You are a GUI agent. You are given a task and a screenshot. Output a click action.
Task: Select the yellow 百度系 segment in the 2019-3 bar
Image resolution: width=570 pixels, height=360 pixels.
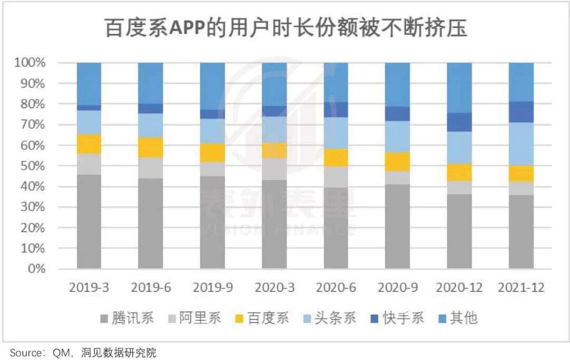(x=89, y=144)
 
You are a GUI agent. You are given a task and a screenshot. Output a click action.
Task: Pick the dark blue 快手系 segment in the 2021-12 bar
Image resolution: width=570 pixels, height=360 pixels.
(x=521, y=112)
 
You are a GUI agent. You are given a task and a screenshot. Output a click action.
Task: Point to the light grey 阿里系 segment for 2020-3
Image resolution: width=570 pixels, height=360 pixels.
(x=274, y=169)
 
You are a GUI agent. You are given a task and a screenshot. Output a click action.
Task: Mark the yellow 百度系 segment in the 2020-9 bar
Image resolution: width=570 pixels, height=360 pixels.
(x=397, y=162)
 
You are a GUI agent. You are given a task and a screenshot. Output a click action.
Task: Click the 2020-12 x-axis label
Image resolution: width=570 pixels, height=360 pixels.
(x=459, y=288)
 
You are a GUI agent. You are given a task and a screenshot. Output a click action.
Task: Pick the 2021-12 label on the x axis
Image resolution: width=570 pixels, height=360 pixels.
(x=521, y=288)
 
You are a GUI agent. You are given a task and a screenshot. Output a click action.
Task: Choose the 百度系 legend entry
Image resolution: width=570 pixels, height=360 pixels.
(x=262, y=318)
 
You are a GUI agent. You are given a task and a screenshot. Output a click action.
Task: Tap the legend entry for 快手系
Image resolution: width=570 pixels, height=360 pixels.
(x=397, y=318)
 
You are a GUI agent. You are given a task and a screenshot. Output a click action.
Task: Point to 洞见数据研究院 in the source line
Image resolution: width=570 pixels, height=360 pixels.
(x=119, y=353)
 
